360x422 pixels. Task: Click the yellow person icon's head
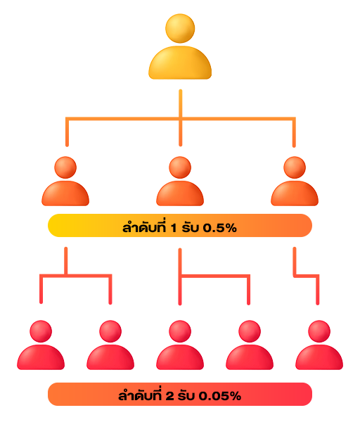coord(180,28)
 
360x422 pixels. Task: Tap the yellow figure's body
coord(180,63)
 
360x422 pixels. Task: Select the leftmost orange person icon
coord(65,181)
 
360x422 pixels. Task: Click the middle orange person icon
coord(180,181)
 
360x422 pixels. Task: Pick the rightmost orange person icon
coord(295,181)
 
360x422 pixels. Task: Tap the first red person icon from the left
coord(41,345)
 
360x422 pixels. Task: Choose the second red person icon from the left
coord(110,345)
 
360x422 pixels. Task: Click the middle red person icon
coord(180,345)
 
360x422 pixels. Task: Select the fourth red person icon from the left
coord(250,345)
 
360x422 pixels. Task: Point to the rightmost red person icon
coord(319,345)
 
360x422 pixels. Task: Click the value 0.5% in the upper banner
coord(220,228)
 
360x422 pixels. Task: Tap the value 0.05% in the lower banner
coord(220,396)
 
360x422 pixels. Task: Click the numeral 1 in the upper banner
coord(174,228)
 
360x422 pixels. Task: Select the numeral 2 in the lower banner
coord(169,396)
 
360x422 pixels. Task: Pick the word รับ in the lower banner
coord(186,396)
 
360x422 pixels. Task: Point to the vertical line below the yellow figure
coord(181,118)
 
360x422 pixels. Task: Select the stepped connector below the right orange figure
coord(307,276)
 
